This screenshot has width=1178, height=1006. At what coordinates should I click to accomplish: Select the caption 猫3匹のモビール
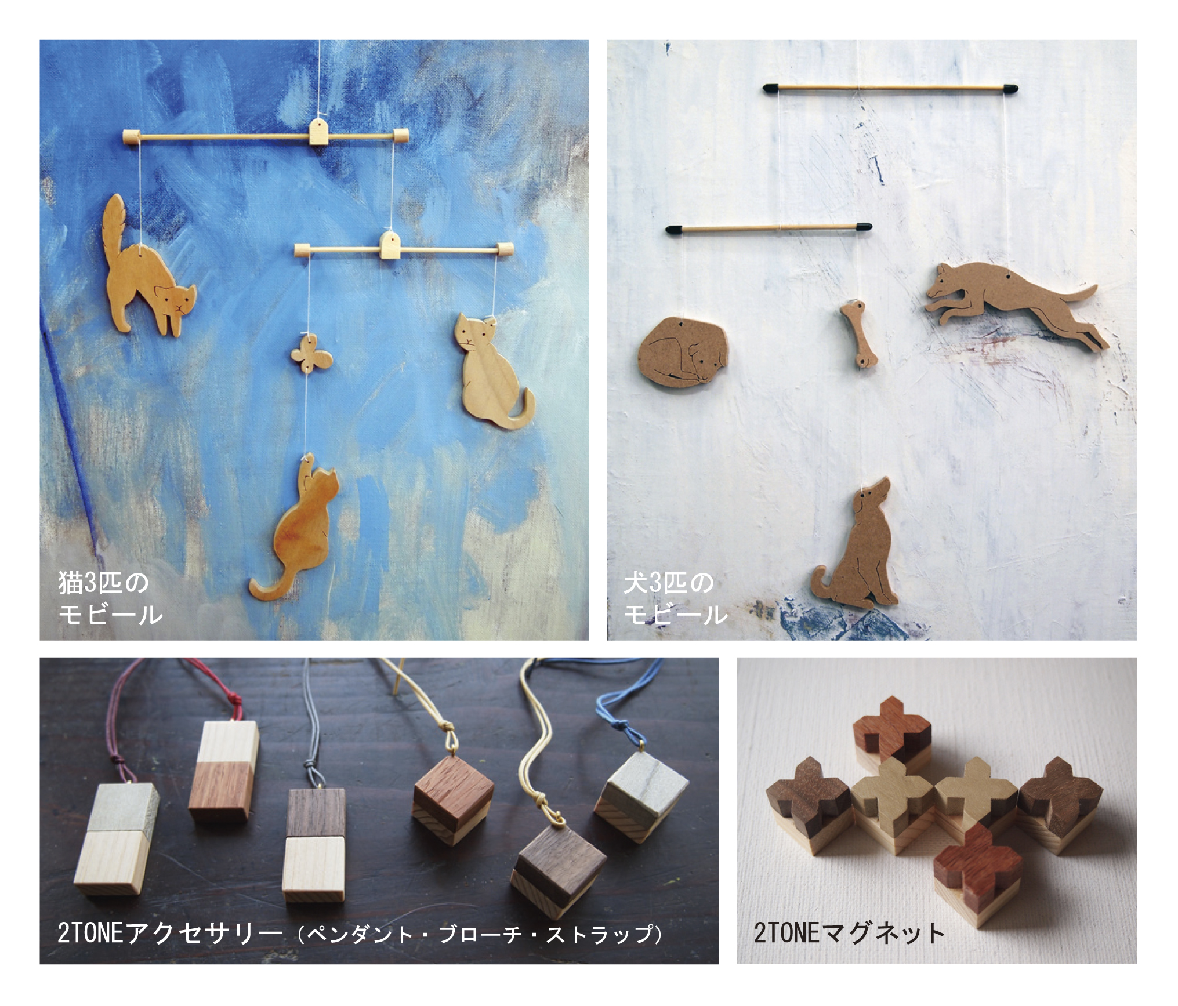click(110, 598)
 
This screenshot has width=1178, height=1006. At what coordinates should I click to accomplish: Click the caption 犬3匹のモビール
click(676, 598)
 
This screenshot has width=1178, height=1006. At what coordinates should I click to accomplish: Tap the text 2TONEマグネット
click(849, 933)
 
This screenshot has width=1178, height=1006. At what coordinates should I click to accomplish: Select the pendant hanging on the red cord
click(223, 771)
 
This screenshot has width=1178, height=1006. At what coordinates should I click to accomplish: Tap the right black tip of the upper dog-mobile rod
click(1010, 89)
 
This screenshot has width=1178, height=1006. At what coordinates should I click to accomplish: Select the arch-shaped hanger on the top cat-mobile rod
click(318, 132)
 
